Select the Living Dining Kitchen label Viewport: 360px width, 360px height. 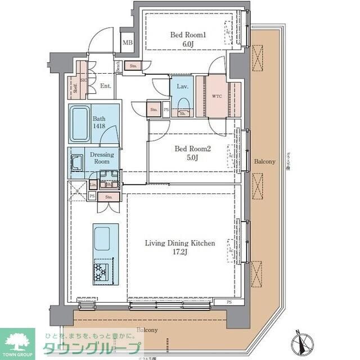click(180, 244)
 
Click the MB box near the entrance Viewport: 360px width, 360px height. click(128, 42)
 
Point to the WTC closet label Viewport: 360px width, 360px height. click(217, 96)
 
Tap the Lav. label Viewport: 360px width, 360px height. click(182, 87)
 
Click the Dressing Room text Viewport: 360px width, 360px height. click(102, 157)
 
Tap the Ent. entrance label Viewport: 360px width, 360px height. click(105, 86)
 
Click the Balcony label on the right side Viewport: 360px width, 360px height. click(264, 161)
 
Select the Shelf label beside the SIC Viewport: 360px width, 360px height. click(75, 87)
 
